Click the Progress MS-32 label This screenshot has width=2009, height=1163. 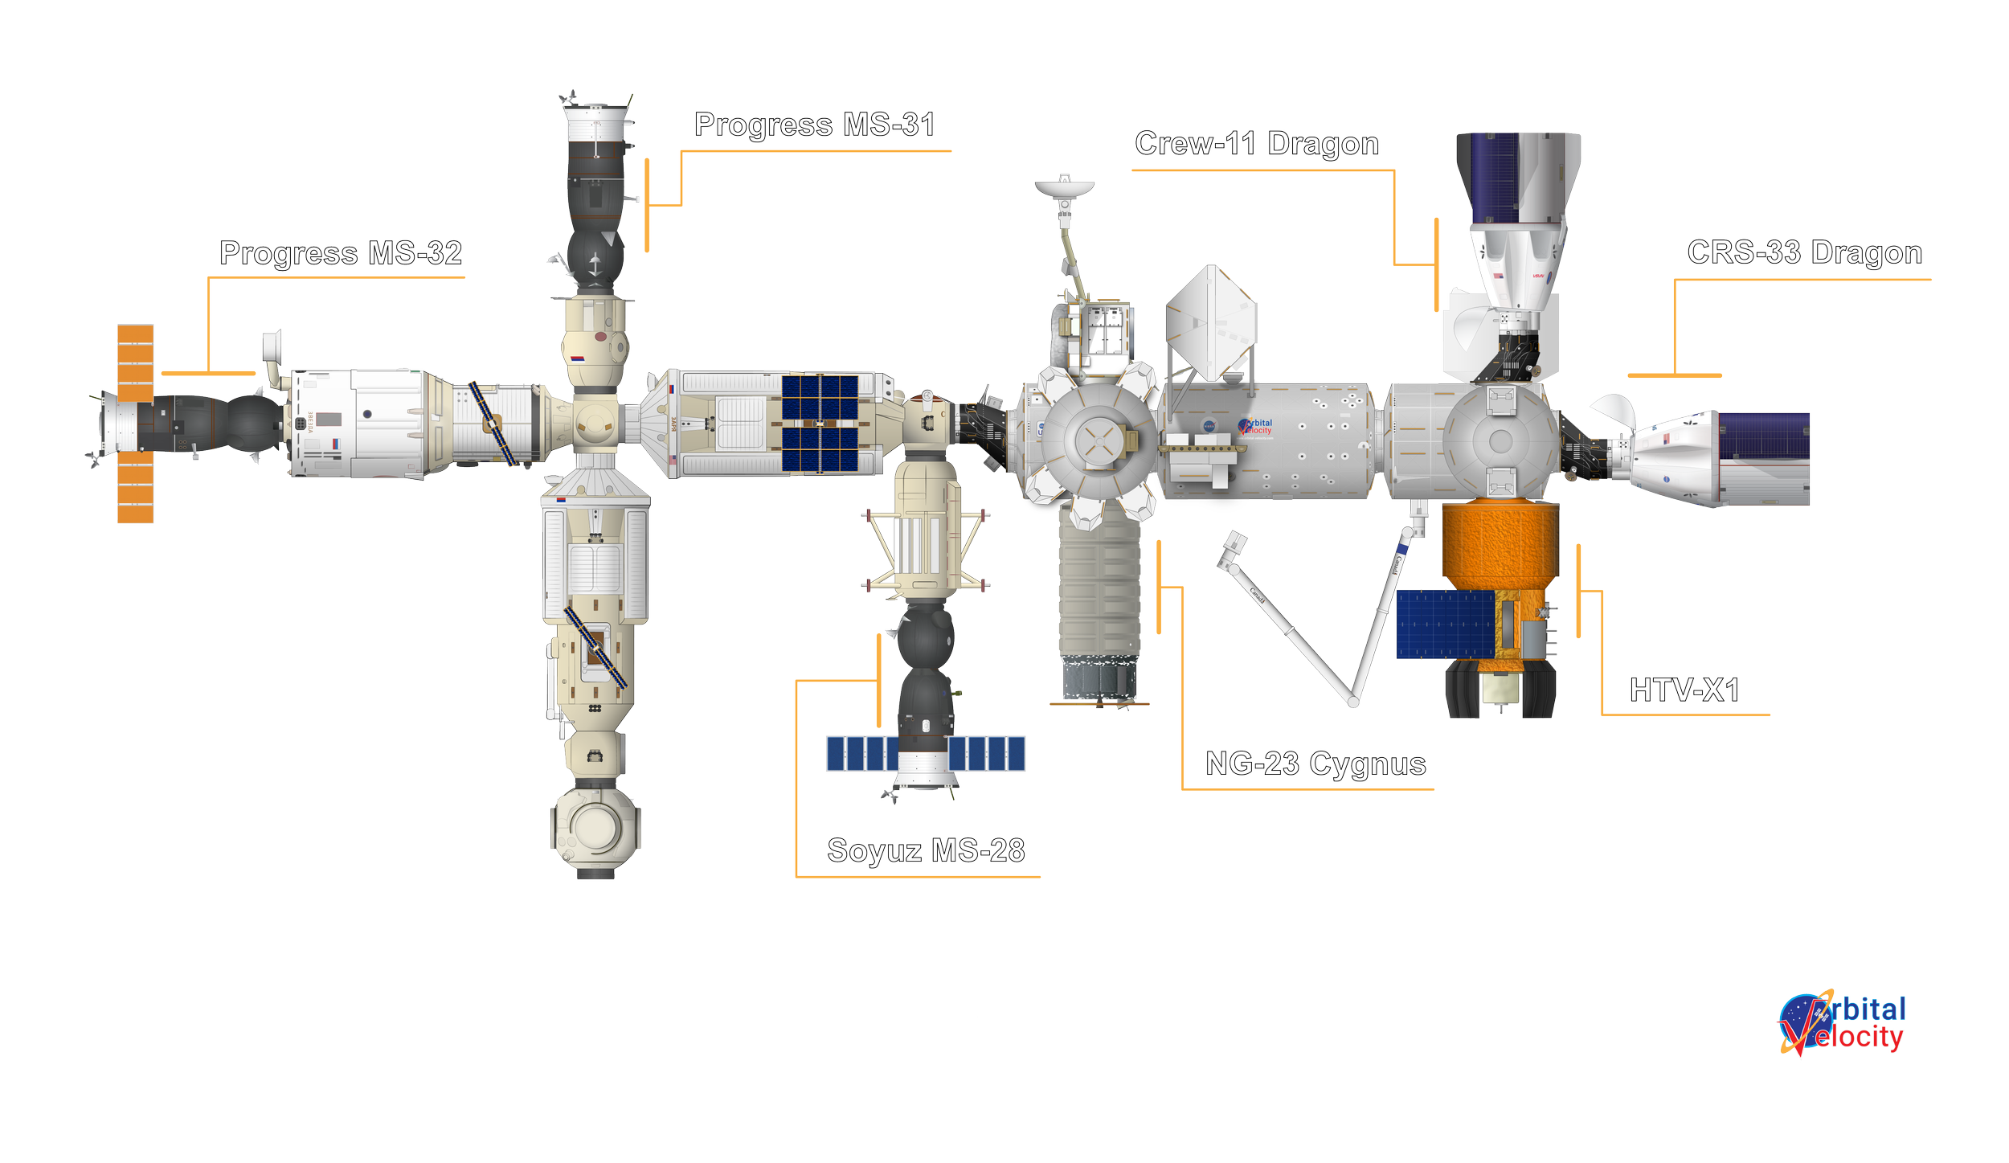[x=341, y=254]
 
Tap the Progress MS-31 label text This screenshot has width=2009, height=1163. [x=814, y=126]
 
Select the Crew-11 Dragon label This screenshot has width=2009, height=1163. [x=1257, y=145]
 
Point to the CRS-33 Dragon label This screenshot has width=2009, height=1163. [x=1804, y=253]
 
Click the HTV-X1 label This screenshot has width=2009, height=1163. [x=1684, y=690]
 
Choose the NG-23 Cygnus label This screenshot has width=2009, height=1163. [x=1315, y=764]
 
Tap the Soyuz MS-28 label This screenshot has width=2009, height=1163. [x=926, y=850]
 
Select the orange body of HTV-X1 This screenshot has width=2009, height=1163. [x=1500, y=543]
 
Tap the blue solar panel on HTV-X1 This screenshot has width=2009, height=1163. [x=1444, y=624]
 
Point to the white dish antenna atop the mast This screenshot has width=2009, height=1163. [x=1064, y=187]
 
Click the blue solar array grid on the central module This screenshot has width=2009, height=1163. [x=820, y=423]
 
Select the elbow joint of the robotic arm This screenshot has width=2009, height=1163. [x=1354, y=702]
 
